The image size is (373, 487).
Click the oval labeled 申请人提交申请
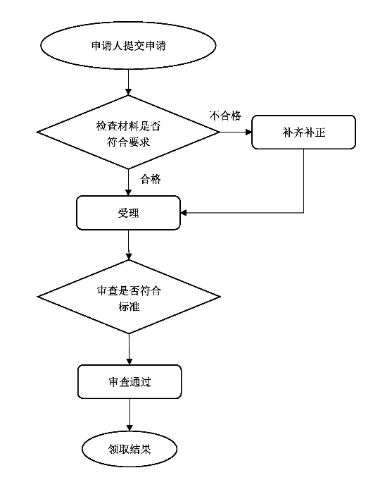(128, 46)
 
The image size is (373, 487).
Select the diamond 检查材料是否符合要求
(128, 132)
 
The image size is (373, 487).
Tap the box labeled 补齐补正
(303, 132)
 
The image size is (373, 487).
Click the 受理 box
(128, 213)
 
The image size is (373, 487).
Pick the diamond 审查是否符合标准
(129, 297)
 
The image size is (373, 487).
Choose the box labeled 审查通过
(129, 382)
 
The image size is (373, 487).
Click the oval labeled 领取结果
(129, 449)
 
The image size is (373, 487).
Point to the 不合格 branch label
(225, 116)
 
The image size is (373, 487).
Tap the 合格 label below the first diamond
(151, 179)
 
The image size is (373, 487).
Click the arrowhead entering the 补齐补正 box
(248, 132)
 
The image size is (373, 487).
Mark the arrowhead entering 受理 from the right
(184, 213)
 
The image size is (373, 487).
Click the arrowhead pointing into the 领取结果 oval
(129, 428)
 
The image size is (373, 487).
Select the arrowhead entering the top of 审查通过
(129, 362)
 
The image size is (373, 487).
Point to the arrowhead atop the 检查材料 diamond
(128, 92)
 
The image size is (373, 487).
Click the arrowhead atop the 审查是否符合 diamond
(129, 257)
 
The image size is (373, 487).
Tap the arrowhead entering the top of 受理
(128, 192)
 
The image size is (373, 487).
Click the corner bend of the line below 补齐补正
(303, 213)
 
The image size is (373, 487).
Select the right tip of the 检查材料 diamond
(220, 132)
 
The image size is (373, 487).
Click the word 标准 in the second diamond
(129, 307)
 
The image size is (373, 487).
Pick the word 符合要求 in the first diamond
(128, 142)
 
